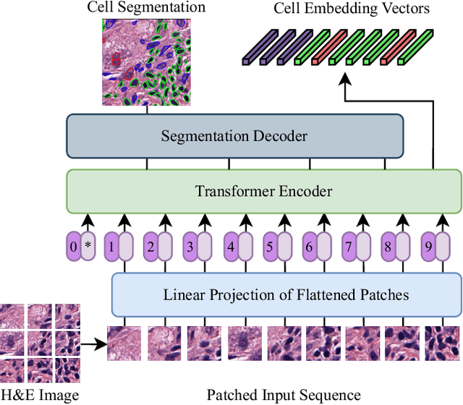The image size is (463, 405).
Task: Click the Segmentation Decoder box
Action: pos(234,136)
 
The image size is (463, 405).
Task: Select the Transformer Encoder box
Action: pos(263,191)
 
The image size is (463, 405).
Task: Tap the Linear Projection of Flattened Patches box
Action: pos(286,294)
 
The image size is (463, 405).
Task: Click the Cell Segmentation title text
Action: pos(146,8)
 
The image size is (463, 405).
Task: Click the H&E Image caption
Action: pos(39,395)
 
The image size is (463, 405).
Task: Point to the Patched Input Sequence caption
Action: pos(284,395)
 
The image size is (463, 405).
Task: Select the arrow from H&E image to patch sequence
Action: pos(93,345)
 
